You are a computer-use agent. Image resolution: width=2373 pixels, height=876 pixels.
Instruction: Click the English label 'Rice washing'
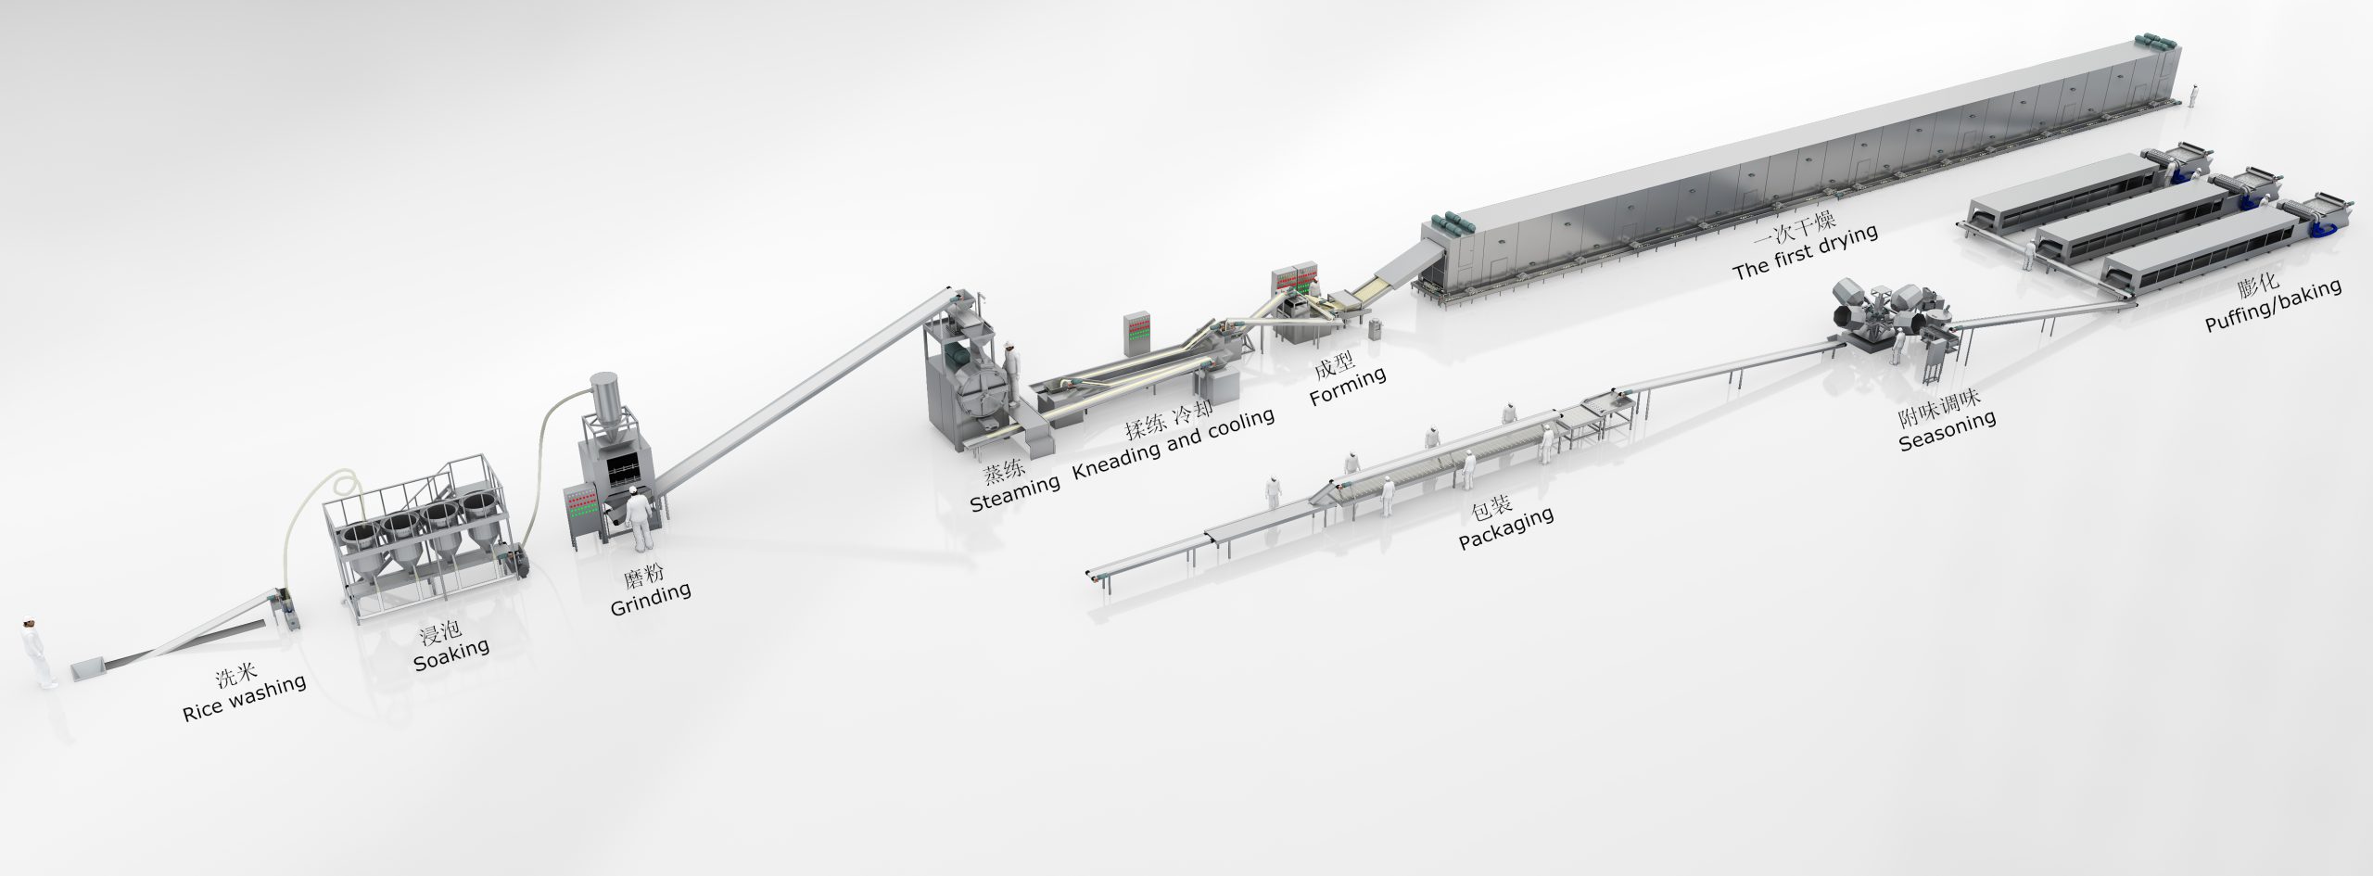click(245, 698)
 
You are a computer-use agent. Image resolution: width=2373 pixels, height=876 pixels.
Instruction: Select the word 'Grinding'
click(651, 598)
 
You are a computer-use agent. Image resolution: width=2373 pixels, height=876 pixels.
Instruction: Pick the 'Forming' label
click(1348, 385)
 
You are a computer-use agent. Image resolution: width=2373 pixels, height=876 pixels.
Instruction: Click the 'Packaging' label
click(1506, 529)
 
